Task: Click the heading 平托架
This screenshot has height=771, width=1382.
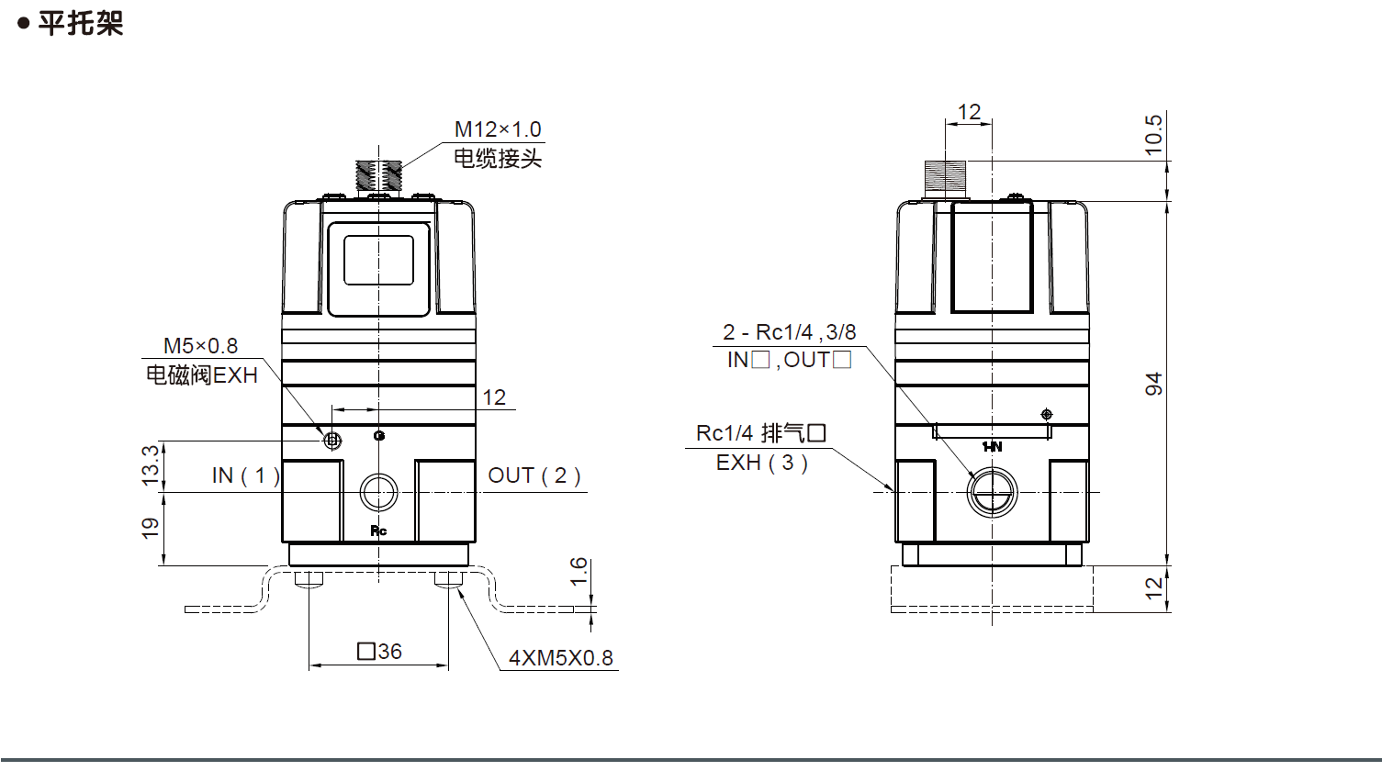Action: click(80, 23)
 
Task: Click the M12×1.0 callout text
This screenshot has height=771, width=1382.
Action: click(498, 129)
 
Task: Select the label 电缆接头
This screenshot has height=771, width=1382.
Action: click(498, 159)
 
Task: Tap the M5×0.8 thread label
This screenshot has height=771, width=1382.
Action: click(200, 346)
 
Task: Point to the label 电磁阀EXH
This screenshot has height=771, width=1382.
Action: click(202, 375)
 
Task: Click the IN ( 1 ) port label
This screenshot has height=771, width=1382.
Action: click(245, 475)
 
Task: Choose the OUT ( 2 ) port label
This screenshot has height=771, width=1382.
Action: click(534, 475)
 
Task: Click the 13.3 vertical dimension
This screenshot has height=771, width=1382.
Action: click(151, 464)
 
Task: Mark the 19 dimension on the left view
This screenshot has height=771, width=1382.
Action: click(151, 528)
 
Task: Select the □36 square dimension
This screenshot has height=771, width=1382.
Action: click(379, 652)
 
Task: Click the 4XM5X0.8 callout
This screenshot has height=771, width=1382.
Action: click(560, 658)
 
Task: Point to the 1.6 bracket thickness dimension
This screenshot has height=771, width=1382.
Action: click(579, 572)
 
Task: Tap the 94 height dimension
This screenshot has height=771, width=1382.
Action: click(1154, 384)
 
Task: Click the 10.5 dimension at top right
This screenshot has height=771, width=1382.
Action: click(1154, 134)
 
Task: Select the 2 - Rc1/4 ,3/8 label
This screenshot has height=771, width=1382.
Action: click(789, 332)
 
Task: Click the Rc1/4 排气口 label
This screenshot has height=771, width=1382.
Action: click(761, 433)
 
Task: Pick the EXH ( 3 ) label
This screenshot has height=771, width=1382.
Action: click(761, 463)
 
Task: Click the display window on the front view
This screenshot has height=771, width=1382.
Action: click(378, 260)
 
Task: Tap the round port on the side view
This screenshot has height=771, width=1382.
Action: click(993, 492)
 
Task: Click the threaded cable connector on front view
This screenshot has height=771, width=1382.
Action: click(379, 176)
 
